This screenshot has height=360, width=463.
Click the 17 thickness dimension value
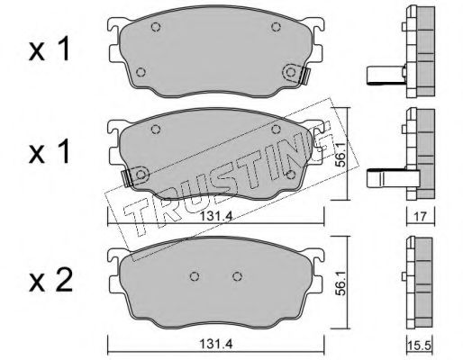[421, 216]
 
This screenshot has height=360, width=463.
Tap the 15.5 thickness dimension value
[420, 346]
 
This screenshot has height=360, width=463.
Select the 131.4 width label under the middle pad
[216, 216]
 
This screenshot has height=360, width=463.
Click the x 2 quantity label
[50, 280]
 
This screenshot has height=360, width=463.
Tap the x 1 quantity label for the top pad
[50, 49]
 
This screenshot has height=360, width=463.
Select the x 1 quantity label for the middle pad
[50, 152]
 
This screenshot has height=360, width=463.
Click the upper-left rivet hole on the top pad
[156, 27]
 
